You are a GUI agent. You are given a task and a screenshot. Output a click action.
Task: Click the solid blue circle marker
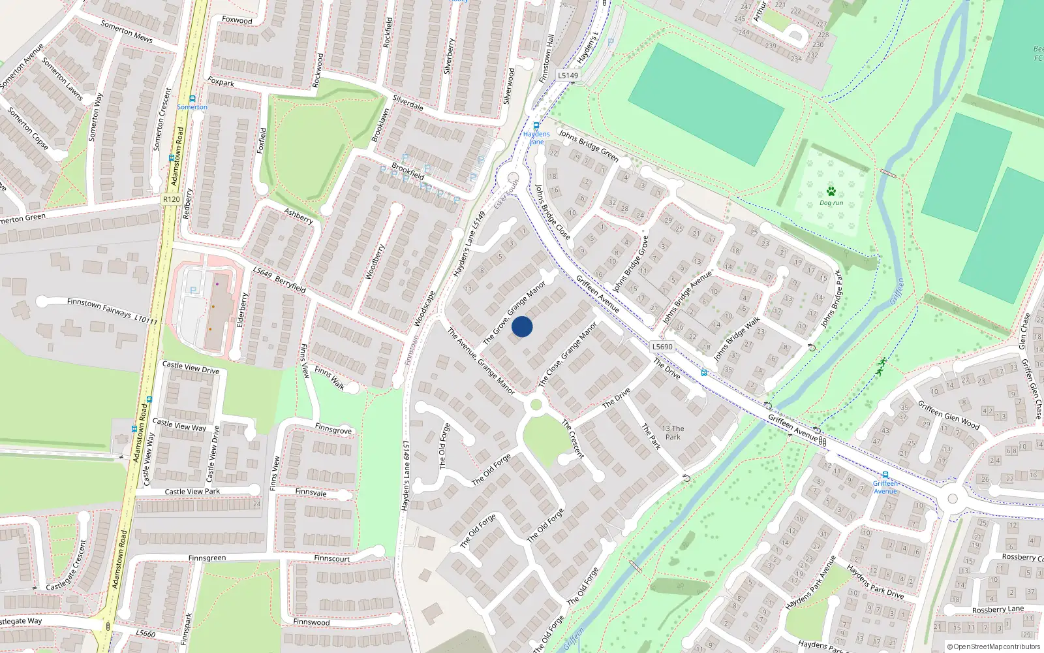click(522, 326)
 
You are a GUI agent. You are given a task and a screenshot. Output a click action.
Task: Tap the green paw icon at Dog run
click(831, 191)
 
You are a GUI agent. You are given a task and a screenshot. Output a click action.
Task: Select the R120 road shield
click(172, 199)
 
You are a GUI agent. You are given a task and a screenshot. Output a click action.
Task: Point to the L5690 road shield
click(662, 347)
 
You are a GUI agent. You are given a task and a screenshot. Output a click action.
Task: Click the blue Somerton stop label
click(192, 107)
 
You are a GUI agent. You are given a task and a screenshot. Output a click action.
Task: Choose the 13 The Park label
click(673, 433)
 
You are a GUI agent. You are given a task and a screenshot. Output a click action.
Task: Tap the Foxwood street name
click(237, 20)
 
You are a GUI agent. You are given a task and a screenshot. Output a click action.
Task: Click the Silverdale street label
click(408, 103)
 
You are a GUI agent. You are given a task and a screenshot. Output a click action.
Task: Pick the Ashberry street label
click(298, 216)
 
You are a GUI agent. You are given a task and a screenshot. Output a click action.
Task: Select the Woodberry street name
click(375, 262)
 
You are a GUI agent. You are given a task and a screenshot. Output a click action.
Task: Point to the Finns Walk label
click(330, 378)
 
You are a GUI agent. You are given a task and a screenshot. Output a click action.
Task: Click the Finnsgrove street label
click(333, 430)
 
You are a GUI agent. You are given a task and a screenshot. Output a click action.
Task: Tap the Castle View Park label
click(192, 492)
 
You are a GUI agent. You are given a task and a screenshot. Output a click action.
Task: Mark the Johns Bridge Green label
click(588, 146)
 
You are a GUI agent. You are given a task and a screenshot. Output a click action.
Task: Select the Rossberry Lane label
click(998, 610)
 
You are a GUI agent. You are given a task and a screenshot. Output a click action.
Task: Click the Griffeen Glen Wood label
click(948, 415)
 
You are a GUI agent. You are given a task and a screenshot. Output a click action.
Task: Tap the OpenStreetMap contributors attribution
click(994, 647)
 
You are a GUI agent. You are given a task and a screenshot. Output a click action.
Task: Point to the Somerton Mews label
click(127, 31)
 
